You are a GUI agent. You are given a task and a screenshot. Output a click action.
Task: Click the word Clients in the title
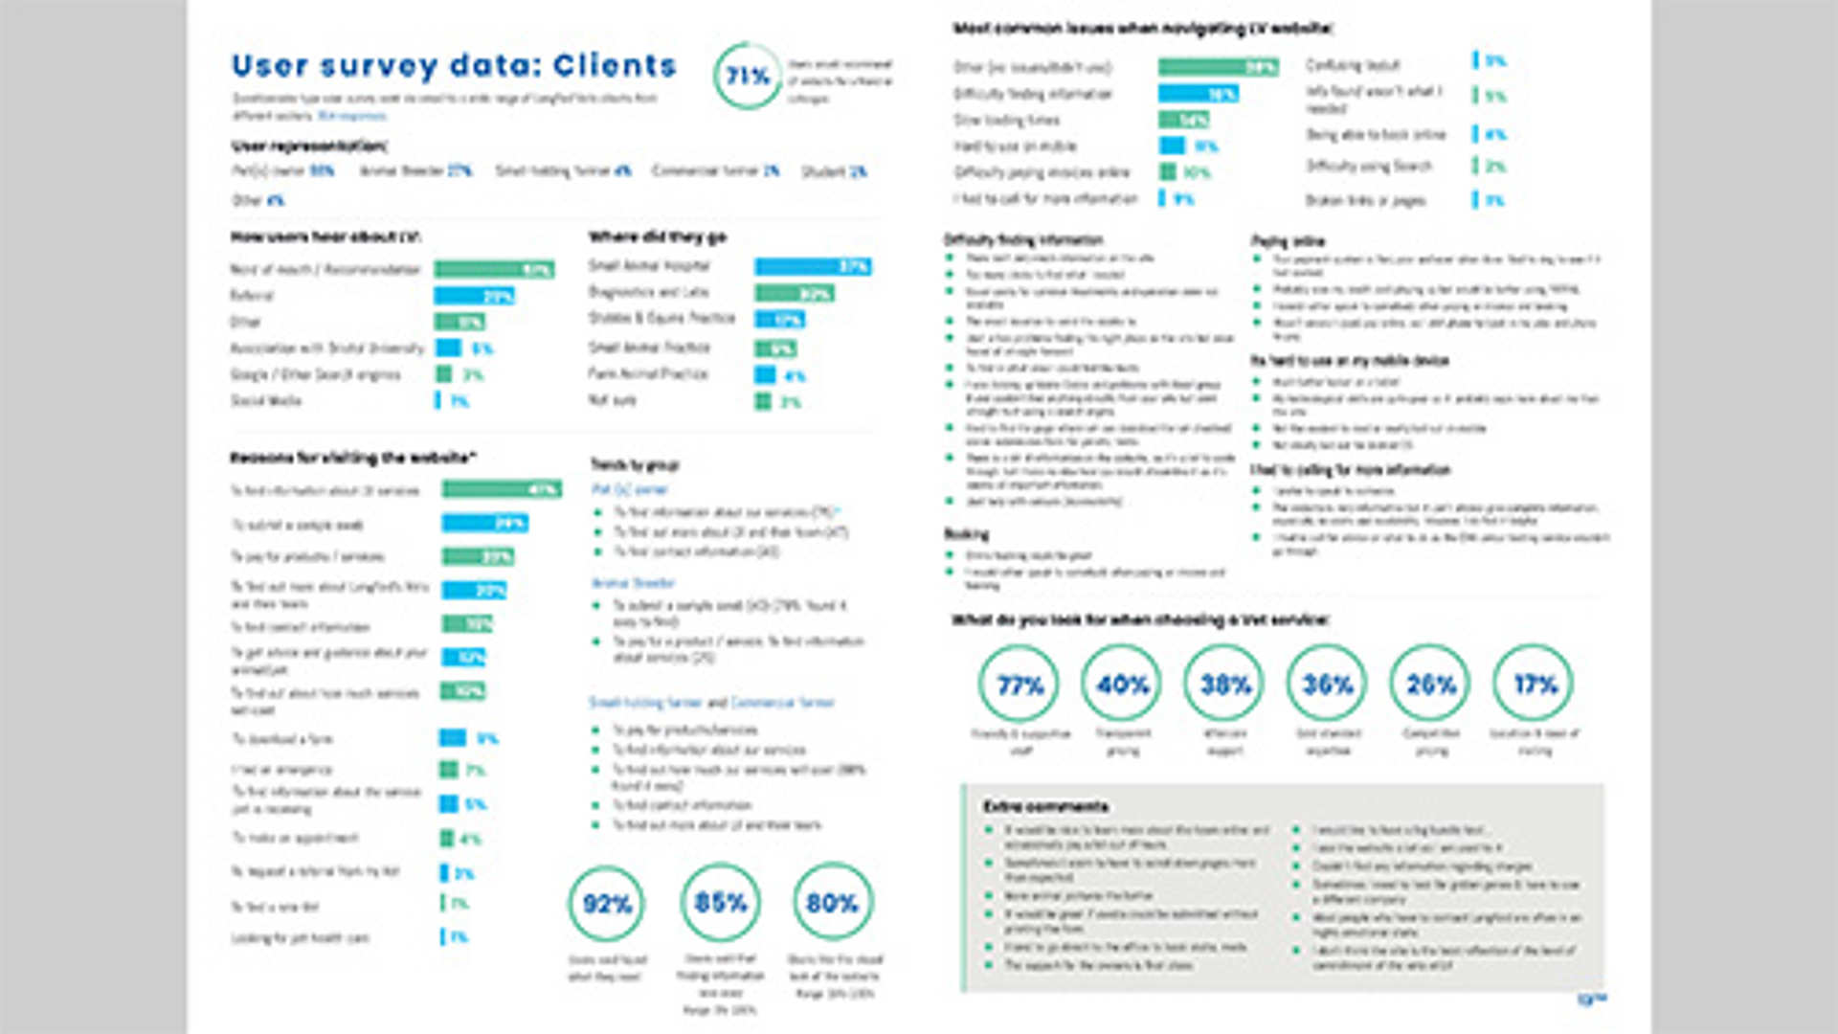click(x=615, y=65)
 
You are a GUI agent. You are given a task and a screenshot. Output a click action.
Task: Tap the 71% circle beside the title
click(x=748, y=76)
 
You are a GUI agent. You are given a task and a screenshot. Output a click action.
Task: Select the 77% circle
click(x=1020, y=684)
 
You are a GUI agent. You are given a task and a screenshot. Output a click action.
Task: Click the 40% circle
click(x=1122, y=684)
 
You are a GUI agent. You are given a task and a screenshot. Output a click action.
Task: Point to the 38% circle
click(x=1225, y=684)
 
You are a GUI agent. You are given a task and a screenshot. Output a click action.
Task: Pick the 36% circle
click(x=1328, y=684)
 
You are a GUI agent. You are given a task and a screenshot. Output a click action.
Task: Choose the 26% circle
click(x=1431, y=684)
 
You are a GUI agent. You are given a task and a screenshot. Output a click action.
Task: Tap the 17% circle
click(x=1535, y=684)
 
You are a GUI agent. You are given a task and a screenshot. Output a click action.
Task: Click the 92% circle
click(x=607, y=903)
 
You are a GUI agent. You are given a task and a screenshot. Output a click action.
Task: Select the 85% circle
click(x=720, y=902)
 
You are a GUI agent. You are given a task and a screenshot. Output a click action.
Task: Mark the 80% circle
click(x=832, y=902)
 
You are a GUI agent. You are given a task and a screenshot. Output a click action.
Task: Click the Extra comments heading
click(x=1045, y=806)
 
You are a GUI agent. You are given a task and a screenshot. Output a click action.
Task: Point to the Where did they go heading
click(x=658, y=236)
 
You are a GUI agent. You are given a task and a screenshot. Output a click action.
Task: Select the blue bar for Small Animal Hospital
click(x=813, y=266)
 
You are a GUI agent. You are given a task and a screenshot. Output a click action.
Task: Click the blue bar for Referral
click(x=474, y=296)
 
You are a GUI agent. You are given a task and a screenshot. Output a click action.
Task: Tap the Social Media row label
click(x=266, y=400)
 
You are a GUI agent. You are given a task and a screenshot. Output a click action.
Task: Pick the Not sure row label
click(x=613, y=400)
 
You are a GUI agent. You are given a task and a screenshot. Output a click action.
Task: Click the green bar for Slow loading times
click(x=1183, y=120)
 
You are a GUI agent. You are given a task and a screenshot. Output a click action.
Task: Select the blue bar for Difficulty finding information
click(x=1198, y=94)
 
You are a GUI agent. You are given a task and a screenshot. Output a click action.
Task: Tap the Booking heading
click(x=966, y=534)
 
